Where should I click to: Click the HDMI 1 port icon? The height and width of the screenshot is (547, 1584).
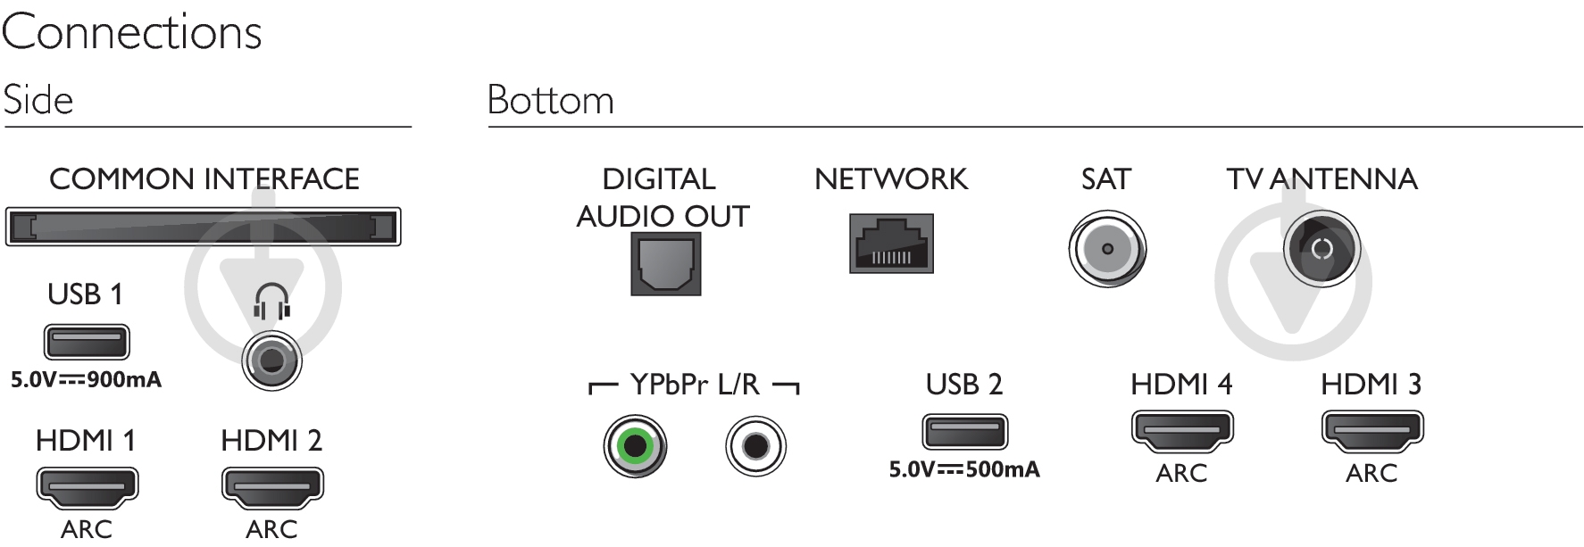[87, 485]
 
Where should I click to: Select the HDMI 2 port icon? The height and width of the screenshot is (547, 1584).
[272, 485]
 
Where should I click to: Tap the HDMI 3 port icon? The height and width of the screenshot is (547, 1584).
[1372, 430]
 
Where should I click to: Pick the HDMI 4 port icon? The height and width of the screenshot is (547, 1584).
[1182, 430]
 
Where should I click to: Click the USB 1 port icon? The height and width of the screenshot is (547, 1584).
[87, 341]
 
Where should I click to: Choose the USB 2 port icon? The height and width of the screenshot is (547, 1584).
[964, 431]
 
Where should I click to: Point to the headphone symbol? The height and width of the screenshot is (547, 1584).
[271, 302]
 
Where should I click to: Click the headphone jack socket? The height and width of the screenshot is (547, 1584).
[271, 361]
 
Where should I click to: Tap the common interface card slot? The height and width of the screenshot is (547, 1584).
[204, 227]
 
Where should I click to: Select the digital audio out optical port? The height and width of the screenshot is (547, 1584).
[665, 263]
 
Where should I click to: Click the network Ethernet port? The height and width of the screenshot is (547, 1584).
[891, 244]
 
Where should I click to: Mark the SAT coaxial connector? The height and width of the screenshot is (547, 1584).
[1107, 249]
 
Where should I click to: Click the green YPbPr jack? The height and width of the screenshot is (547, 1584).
[635, 444]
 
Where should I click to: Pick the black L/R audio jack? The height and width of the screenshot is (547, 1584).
[756, 444]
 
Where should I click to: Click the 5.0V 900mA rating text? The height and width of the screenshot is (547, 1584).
[86, 380]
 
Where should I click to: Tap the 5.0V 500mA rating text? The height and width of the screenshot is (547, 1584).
[964, 469]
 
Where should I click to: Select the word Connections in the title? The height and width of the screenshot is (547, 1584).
[131, 33]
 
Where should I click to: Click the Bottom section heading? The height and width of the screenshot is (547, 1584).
[550, 100]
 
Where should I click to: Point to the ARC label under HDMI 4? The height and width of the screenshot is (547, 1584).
[1181, 473]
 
